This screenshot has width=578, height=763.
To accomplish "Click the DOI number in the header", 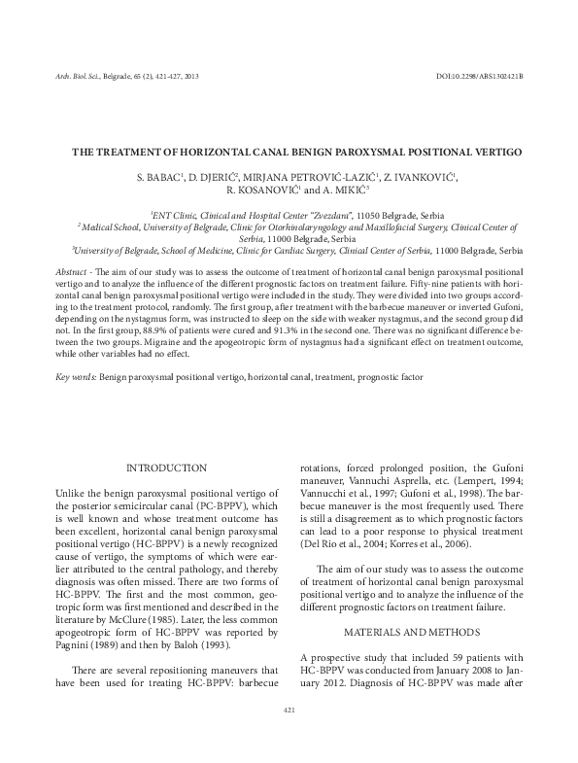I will pos(480,75).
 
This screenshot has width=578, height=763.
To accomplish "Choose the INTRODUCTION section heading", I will pos(166,468).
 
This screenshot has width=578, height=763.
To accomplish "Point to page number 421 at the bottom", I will pos(289,711).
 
